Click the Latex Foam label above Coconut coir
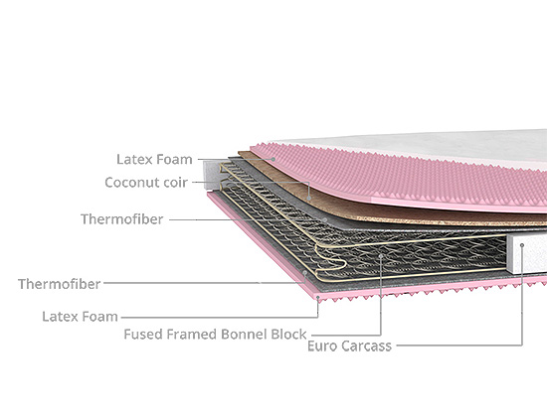pos(154,160)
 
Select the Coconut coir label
pos(146,183)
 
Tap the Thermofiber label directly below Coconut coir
pos(122,219)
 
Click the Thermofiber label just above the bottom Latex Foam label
pos(60,284)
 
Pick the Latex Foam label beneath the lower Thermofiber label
pos(80,317)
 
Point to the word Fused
pos(143,335)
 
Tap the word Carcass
pos(366,346)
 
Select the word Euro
pos(322,346)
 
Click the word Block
pos(288,335)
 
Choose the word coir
pos(175,183)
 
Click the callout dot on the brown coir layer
pos(309,199)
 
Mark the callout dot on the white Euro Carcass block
pos(522,245)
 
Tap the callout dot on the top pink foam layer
pos(273,159)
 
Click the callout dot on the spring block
pos(381,256)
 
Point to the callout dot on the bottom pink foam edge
pos(318,298)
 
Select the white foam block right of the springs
pos(527,253)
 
